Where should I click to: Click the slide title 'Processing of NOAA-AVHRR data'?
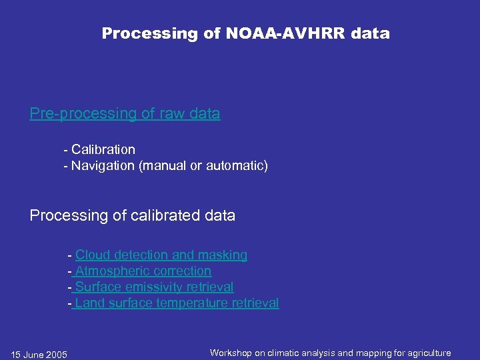tap(245, 33)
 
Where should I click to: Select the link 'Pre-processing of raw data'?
tap(125, 114)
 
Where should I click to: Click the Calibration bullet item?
tap(103, 149)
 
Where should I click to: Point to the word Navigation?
tap(103, 165)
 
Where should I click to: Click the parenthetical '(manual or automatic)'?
tap(203, 165)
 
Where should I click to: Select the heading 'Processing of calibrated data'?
tap(133, 215)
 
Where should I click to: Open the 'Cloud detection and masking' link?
tap(161, 255)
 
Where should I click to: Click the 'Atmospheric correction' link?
tap(143, 271)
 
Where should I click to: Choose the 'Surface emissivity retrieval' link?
tap(154, 287)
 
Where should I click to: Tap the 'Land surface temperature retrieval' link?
tap(177, 303)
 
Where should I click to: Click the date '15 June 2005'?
tap(39, 355)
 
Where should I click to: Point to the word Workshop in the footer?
tap(231, 353)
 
